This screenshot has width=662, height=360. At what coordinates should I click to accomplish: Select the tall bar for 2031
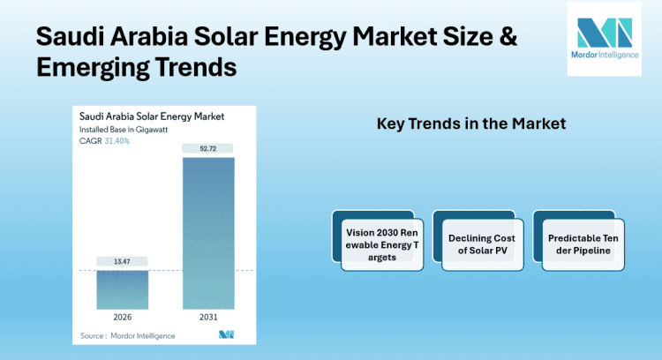coord(208,233)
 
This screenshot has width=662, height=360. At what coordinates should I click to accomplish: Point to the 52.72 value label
coord(208,148)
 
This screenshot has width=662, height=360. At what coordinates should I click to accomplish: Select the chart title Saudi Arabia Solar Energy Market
coord(152,116)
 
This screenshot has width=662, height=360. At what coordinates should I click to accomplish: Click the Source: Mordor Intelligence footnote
coord(127,335)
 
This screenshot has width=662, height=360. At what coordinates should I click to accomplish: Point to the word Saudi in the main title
coord(69,37)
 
